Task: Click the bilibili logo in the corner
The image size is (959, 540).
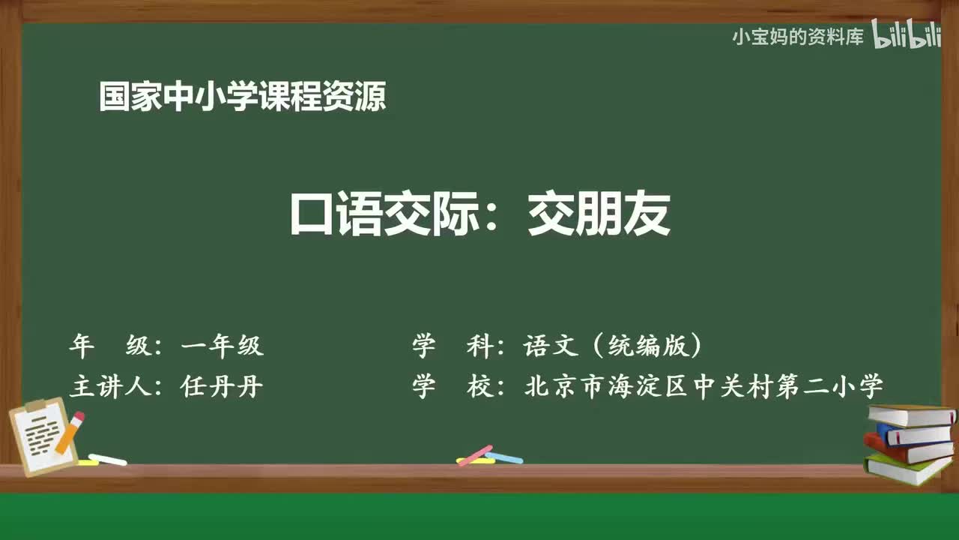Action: coord(906,36)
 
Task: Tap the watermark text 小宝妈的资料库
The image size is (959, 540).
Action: coord(798,37)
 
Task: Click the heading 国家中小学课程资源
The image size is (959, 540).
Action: coord(242,97)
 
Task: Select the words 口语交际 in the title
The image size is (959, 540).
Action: coord(383,216)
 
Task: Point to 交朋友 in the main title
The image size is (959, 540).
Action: coord(599,216)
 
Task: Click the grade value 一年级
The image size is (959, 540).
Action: coord(223,346)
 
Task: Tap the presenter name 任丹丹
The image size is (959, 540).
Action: coord(222,386)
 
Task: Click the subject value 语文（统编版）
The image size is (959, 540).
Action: coord(614,346)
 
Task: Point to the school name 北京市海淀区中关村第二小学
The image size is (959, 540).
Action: coord(704,386)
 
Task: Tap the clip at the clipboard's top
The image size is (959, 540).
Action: coord(36,406)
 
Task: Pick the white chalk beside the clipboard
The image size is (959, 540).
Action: coord(107,459)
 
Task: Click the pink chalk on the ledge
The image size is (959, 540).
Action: coord(474,455)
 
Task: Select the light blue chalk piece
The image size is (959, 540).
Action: coord(504,457)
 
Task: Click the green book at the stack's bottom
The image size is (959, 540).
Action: coord(907,469)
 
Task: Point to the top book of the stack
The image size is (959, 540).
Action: coord(910,415)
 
